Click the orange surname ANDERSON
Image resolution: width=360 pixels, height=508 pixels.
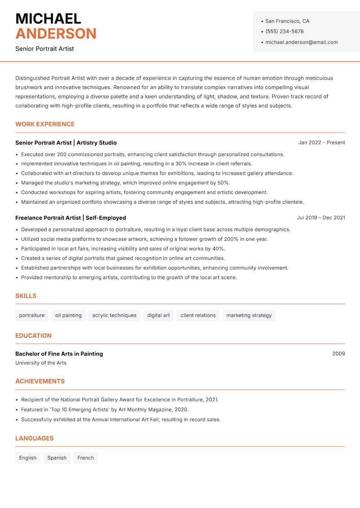pos(56,34)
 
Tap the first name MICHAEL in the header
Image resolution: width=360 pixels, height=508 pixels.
pos(48,18)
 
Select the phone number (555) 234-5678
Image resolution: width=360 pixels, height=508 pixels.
pos(284,31)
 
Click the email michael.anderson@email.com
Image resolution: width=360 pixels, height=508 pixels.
pos(301,42)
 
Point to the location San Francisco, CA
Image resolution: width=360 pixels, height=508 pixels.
pos(287,21)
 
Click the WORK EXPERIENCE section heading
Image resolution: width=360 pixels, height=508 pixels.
pos(45,124)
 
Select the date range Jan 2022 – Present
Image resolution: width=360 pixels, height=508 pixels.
pos(321,143)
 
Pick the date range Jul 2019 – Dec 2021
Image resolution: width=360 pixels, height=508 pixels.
pos(320,218)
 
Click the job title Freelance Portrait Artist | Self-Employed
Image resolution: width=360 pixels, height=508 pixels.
pos(71,218)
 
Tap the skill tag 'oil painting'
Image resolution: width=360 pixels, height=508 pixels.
pos(68,316)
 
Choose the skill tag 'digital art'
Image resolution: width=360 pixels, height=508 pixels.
pos(158,316)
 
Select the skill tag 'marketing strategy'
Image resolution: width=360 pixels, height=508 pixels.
pos(249,316)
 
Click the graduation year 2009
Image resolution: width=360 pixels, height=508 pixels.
pos(338,354)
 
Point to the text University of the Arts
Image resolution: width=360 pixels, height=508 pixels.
pos(40,363)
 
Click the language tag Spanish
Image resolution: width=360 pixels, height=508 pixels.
pos(57,458)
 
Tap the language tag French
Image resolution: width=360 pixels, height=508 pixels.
pos(85,458)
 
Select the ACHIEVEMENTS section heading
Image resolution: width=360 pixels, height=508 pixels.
pos(40,381)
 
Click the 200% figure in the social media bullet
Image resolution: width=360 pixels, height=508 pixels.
pos(231,239)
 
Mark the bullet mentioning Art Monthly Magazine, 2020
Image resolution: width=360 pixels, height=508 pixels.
pos(104,410)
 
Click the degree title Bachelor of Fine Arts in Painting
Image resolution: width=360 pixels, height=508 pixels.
pos(59,354)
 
